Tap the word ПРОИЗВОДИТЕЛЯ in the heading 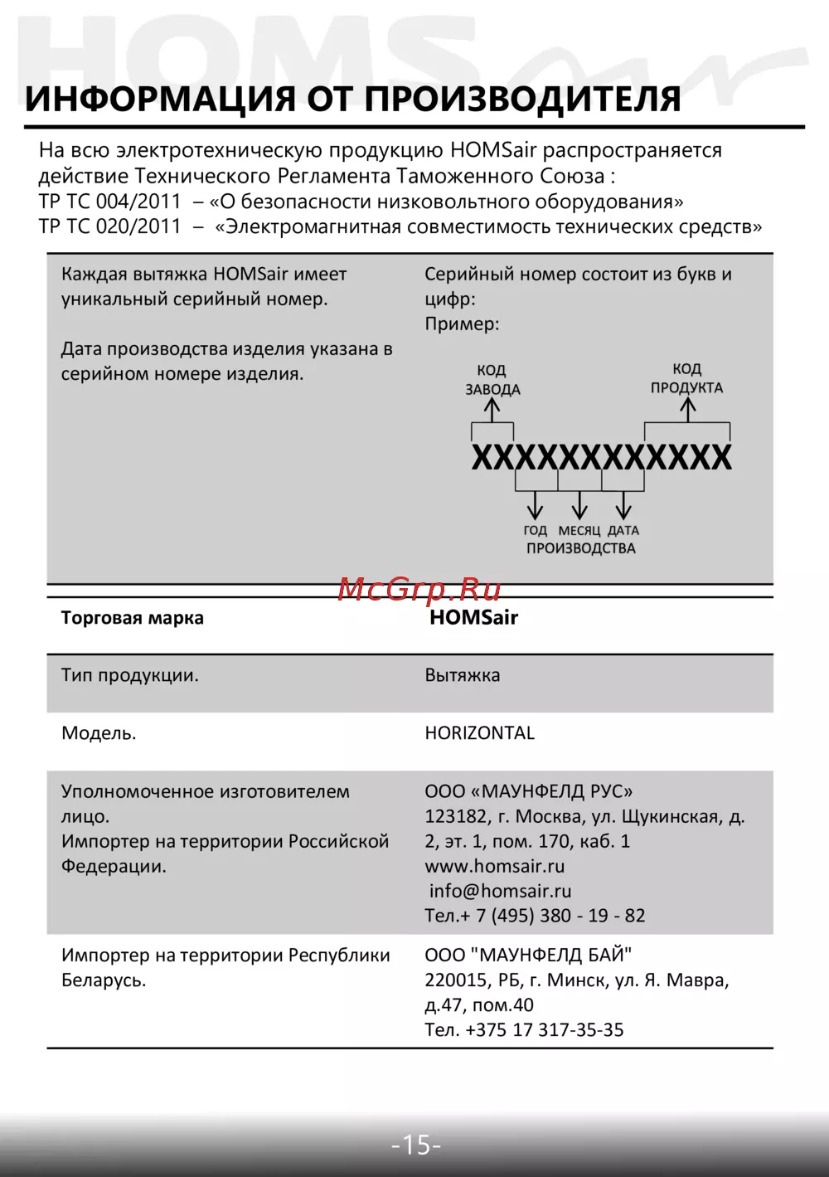pos(522,100)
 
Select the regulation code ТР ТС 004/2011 pos(109,202)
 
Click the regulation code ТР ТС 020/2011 pos(109,226)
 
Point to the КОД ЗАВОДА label pos(492,380)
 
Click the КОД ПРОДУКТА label pos(686,378)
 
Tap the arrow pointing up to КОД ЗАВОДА pos(492,409)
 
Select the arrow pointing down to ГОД pos(536,505)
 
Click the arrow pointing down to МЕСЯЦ pos(579,505)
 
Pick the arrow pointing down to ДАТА pos(623,505)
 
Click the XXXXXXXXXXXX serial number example pos(601,458)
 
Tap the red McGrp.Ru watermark pos(419,589)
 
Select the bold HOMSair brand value pos(473,618)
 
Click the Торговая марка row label pos(133,618)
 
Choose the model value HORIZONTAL pos(480,733)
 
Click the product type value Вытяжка pos(463,675)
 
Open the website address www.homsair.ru pos(495,866)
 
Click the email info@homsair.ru pos(501,891)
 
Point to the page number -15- pos(416,1145)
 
